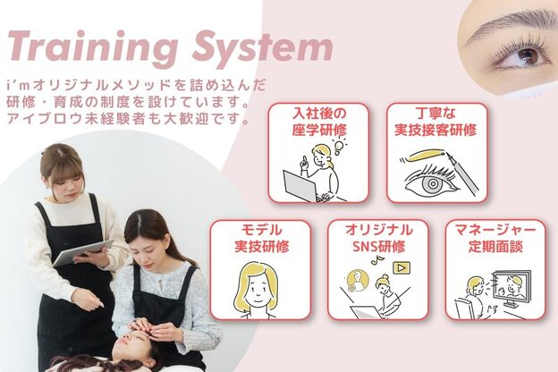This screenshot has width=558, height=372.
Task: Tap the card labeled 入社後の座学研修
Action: [x=319, y=153]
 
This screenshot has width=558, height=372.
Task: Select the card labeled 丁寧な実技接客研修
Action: [x=436, y=153]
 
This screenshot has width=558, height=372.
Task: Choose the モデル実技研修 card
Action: [x=260, y=269]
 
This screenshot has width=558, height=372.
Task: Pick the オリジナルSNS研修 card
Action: [x=377, y=269]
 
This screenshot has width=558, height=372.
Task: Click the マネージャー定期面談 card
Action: [x=495, y=269]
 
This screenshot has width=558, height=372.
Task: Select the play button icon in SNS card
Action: [x=402, y=266]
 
